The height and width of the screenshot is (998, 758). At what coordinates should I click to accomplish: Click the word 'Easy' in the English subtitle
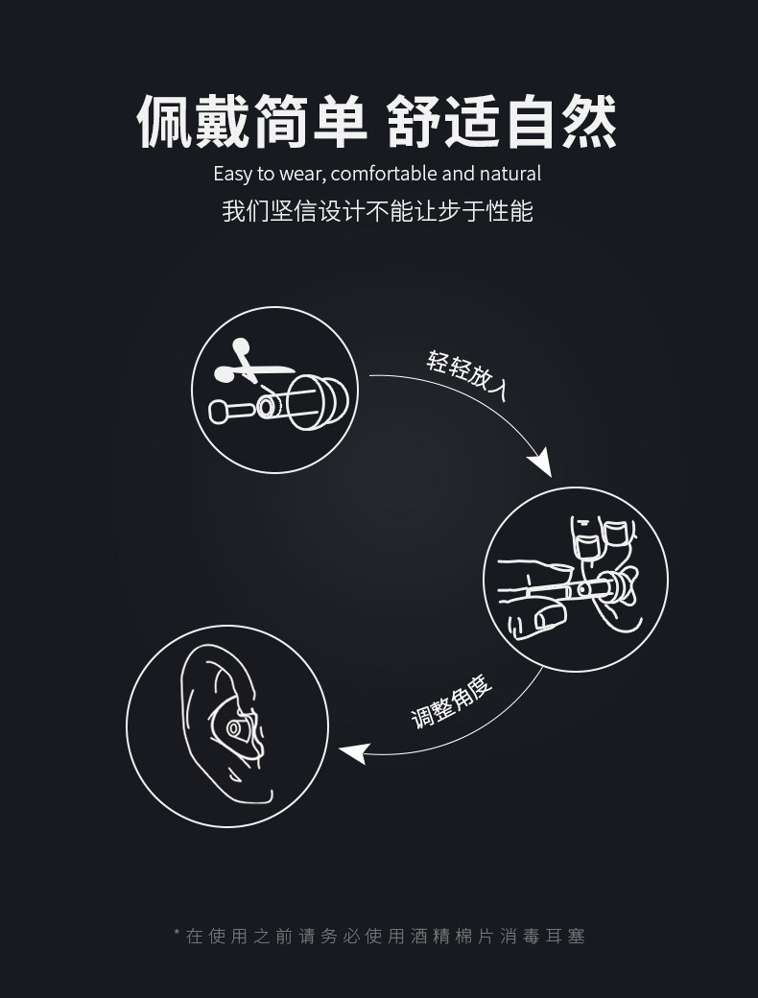point(231,174)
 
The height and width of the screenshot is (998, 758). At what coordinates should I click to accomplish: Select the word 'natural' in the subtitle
point(510,174)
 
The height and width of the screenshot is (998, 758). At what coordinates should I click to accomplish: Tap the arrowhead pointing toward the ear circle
point(352,753)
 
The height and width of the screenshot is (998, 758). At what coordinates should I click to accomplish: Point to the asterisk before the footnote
point(177,933)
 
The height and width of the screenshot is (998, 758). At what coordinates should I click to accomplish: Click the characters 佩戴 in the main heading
point(193,122)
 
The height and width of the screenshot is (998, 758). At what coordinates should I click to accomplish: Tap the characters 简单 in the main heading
point(310,122)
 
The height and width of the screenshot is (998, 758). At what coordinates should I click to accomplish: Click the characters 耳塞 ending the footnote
point(563,936)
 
